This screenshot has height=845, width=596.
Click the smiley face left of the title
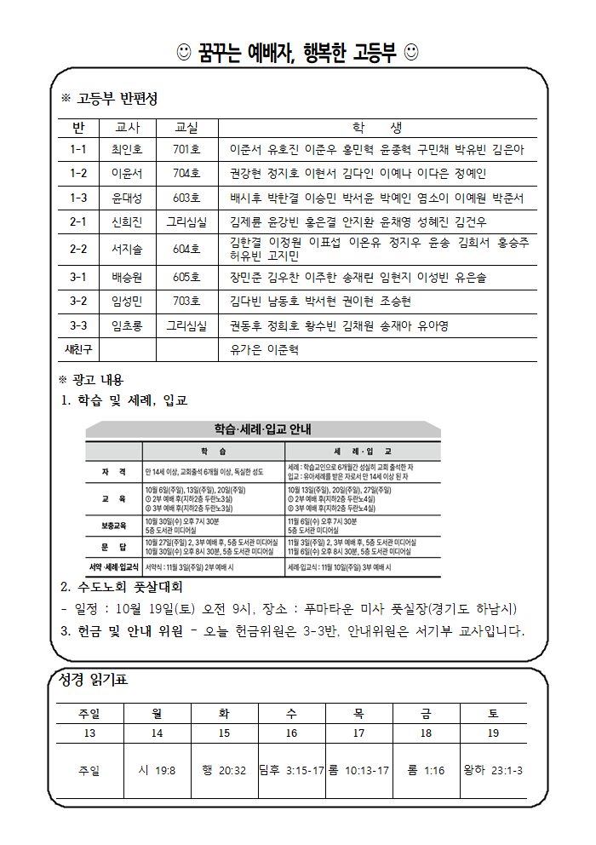(184, 54)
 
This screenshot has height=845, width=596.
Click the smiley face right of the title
(410, 54)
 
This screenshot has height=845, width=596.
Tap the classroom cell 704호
(186, 173)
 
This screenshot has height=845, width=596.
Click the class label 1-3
(78, 198)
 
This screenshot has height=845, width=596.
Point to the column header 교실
(186, 128)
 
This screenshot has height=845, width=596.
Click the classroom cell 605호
(186, 278)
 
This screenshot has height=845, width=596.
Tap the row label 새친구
(78, 349)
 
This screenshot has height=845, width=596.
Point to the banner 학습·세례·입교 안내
(263, 428)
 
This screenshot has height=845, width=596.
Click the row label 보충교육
(113, 525)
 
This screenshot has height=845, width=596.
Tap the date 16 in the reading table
(291, 733)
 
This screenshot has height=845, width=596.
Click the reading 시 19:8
(157, 770)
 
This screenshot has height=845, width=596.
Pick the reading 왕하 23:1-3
(492, 770)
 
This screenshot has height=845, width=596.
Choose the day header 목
(358, 712)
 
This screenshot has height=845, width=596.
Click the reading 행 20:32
(224, 770)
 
